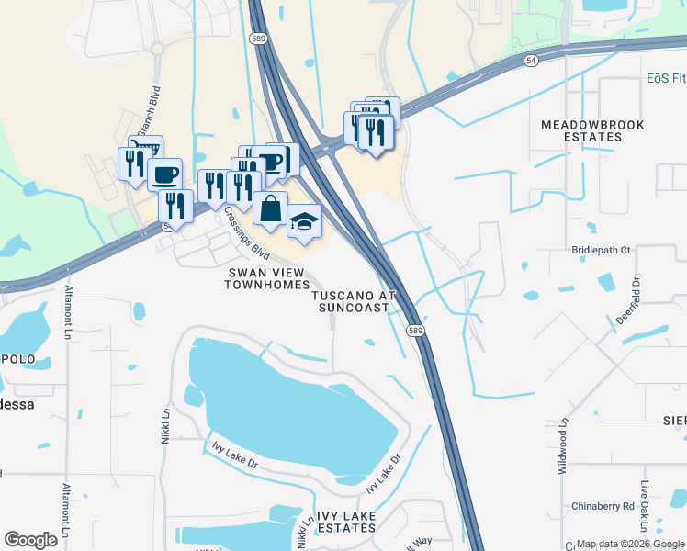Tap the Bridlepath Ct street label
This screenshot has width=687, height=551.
click(x=602, y=250)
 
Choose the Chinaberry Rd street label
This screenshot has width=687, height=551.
click(x=603, y=506)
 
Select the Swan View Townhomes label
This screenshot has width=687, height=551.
click(x=267, y=278)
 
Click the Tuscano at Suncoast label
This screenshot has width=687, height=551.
click(x=353, y=302)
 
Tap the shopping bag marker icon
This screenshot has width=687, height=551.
click(x=271, y=209)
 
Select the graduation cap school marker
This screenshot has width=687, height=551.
click(x=305, y=221)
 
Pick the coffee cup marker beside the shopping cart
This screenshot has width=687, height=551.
click(x=164, y=174)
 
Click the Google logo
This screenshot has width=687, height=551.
click(x=30, y=540)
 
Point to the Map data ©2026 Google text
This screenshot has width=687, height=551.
click(x=629, y=545)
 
